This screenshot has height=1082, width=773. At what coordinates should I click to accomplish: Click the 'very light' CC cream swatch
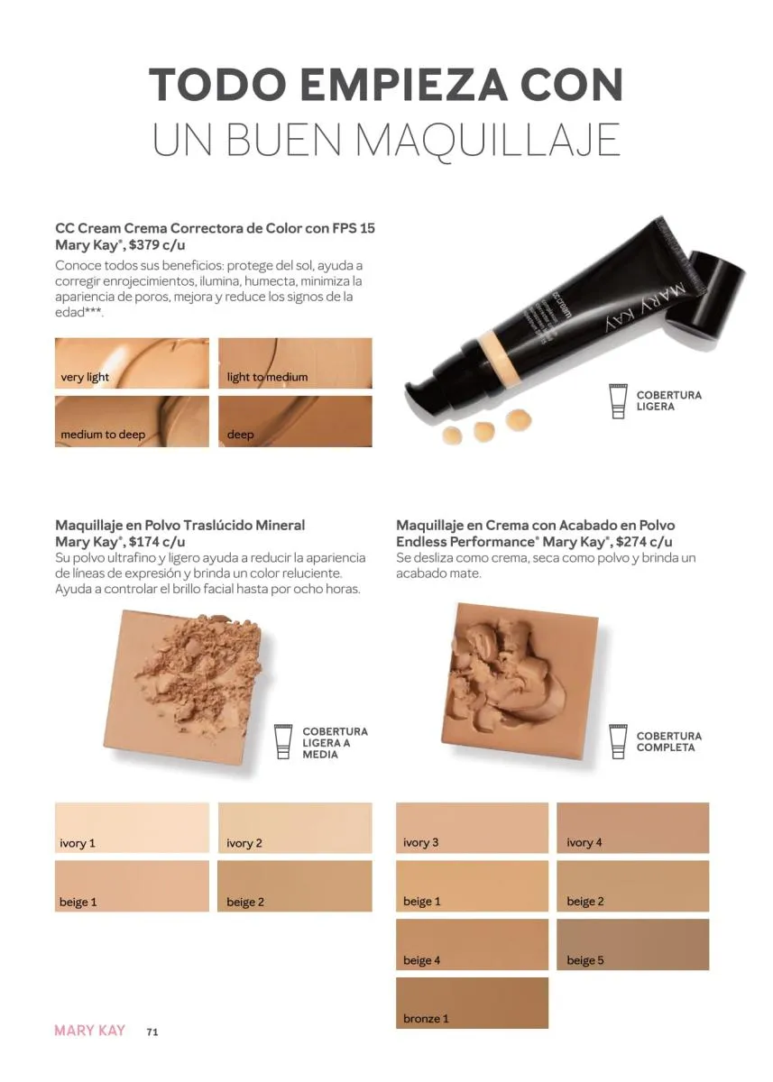click(x=132, y=362)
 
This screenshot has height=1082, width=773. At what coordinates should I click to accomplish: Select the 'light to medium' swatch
click(x=295, y=362)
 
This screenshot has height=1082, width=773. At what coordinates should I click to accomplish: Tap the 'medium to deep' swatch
click(x=132, y=421)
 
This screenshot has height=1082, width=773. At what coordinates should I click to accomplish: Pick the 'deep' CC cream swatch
click(x=295, y=421)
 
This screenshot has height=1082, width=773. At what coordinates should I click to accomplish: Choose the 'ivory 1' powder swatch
click(x=132, y=828)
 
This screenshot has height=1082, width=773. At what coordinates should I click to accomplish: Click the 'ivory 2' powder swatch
click(x=295, y=828)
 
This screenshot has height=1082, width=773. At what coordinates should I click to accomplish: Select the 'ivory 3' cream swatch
click(x=472, y=828)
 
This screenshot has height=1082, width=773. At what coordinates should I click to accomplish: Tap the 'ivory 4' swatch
click(x=633, y=828)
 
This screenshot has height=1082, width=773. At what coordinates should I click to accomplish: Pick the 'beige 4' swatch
click(x=472, y=944)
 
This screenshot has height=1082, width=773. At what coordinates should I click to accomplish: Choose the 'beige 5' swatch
click(x=633, y=944)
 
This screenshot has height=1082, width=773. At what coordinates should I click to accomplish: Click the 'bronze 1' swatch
click(x=472, y=1003)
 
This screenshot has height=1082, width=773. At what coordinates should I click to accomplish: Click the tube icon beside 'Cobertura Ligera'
click(x=618, y=401)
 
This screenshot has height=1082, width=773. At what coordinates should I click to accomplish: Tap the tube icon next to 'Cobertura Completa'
click(x=618, y=741)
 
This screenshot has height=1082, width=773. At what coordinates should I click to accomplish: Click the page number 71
click(x=152, y=1032)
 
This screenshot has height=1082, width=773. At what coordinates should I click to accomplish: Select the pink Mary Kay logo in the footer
click(x=90, y=1031)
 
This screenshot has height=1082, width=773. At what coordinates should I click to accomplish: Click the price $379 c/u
click(x=157, y=245)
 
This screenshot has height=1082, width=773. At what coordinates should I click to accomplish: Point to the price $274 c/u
click(x=644, y=542)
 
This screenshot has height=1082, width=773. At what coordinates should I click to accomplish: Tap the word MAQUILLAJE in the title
click(x=487, y=140)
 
